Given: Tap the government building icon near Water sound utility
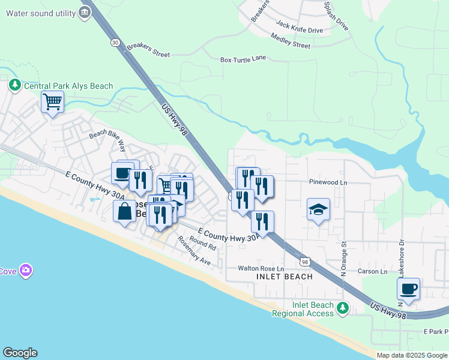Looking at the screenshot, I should tap(85, 12).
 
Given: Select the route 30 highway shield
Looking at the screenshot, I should tap(114, 42).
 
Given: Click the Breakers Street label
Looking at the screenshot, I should tap(146, 53).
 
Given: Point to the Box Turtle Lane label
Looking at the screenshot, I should tap(243, 59).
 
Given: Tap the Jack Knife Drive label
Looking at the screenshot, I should tap(300, 29).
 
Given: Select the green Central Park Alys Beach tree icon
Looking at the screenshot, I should tap(14, 86).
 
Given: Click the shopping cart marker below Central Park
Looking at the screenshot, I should tap(53, 102).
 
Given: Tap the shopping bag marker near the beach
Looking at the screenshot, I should tap(125, 211).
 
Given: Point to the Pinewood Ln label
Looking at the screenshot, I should tap(328, 182).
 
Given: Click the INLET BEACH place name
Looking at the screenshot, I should tap(285, 277).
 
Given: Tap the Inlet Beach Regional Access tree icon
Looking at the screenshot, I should tap(342, 308).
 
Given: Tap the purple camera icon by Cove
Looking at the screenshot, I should tap(26, 271).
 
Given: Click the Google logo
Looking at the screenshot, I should tap(20, 353).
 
